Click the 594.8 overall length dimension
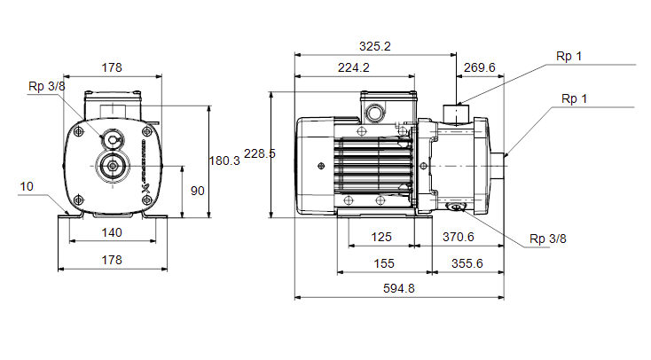[x=398, y=288]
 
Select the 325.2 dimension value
[x=375, y=46]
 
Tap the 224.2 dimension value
[x=353, y=67]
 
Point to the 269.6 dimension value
[x=480, y=67]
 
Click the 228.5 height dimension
[x=260, y=153]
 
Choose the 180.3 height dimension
[x=224, y=160]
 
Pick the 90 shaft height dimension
[x=198, y=191]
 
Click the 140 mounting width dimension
[x=112, y=232]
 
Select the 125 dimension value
[x=381, y=237]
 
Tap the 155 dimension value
[x=384, y=263]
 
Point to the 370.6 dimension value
[x=458, y=237]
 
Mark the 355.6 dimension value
[x=467, y=263]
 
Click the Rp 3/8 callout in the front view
[x=46, y=86]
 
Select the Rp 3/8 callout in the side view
[x=547, y=239]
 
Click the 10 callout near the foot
[x=27, y=186]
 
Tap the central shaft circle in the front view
[x=113, y=166]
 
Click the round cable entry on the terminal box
[x=376, y=113]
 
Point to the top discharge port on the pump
[x=456, y=113]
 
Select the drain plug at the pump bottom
[x=456, y=207]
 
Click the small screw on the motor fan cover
[x=321, y=166]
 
